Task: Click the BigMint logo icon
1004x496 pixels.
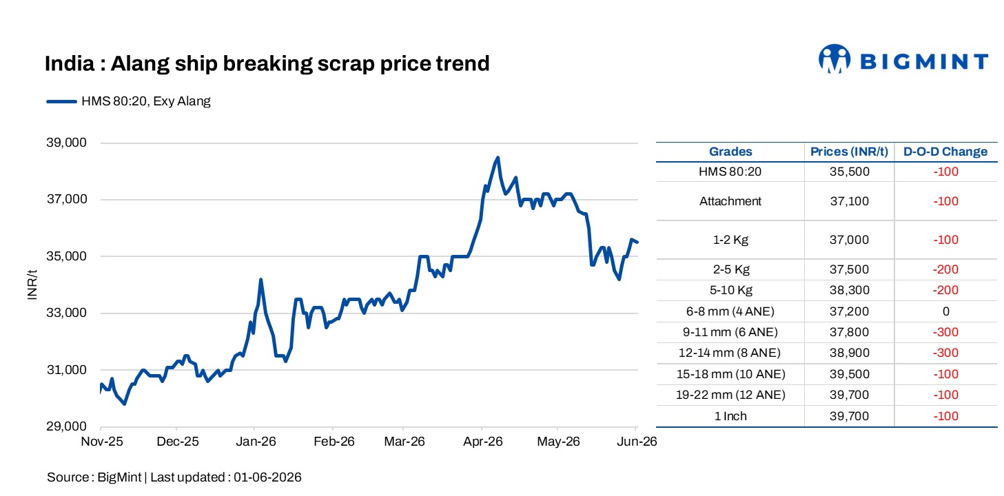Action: coord(834,59)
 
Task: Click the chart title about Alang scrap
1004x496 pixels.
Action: coord(267,63)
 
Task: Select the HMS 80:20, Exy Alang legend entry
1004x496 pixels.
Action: coord(128,101)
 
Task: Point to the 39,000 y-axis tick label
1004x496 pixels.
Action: coord(66,143)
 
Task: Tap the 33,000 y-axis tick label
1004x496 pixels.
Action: coord(66,312)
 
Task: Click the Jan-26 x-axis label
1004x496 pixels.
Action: coord(256,442)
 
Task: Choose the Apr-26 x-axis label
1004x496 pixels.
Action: coord(483,442)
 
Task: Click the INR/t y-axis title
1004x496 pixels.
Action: coord(32,285)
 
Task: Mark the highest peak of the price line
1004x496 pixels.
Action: coord(498,158)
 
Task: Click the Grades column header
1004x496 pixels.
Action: coord(730,152)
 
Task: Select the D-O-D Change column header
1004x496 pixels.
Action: coord(945,152)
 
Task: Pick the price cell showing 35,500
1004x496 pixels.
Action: coord(850,172)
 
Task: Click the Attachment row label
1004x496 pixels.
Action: coord(730,201)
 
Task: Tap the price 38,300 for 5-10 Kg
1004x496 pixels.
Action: coord(850,290)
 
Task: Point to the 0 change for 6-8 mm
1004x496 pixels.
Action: coord(945,311)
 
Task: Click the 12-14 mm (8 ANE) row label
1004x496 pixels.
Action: coord(730,353)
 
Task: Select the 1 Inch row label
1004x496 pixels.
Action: coord(730,416)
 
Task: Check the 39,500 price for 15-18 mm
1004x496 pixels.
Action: coord(850,374)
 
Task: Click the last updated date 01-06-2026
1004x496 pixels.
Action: coord(267,477)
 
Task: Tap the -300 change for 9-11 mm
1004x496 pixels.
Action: coord(945,332)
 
